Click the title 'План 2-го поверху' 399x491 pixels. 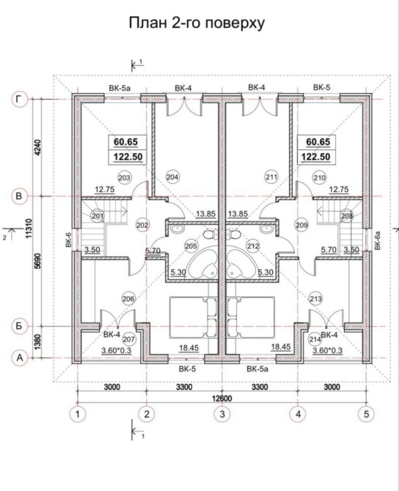pos(197,23)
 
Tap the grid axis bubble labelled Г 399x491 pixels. pos(19,99)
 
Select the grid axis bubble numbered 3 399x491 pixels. pos(222,414)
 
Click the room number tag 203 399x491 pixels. pos(125,178)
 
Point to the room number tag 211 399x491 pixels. pos(271,177)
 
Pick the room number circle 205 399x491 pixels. pos(191,245)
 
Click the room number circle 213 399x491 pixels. pos(315,298)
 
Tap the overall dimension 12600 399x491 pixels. pos(222,399)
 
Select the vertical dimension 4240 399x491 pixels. pos(37,148)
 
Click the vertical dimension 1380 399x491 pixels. pos(37,342)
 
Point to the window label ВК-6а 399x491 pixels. pos(378,240)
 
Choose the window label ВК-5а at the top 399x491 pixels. pos(120,88)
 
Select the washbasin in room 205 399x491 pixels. pos(177,229)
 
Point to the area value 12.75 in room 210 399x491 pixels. pos(339,190)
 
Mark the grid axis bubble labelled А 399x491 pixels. pos(19,358)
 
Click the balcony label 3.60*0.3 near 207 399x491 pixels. pos(117,350)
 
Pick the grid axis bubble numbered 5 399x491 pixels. pos(366,414)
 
